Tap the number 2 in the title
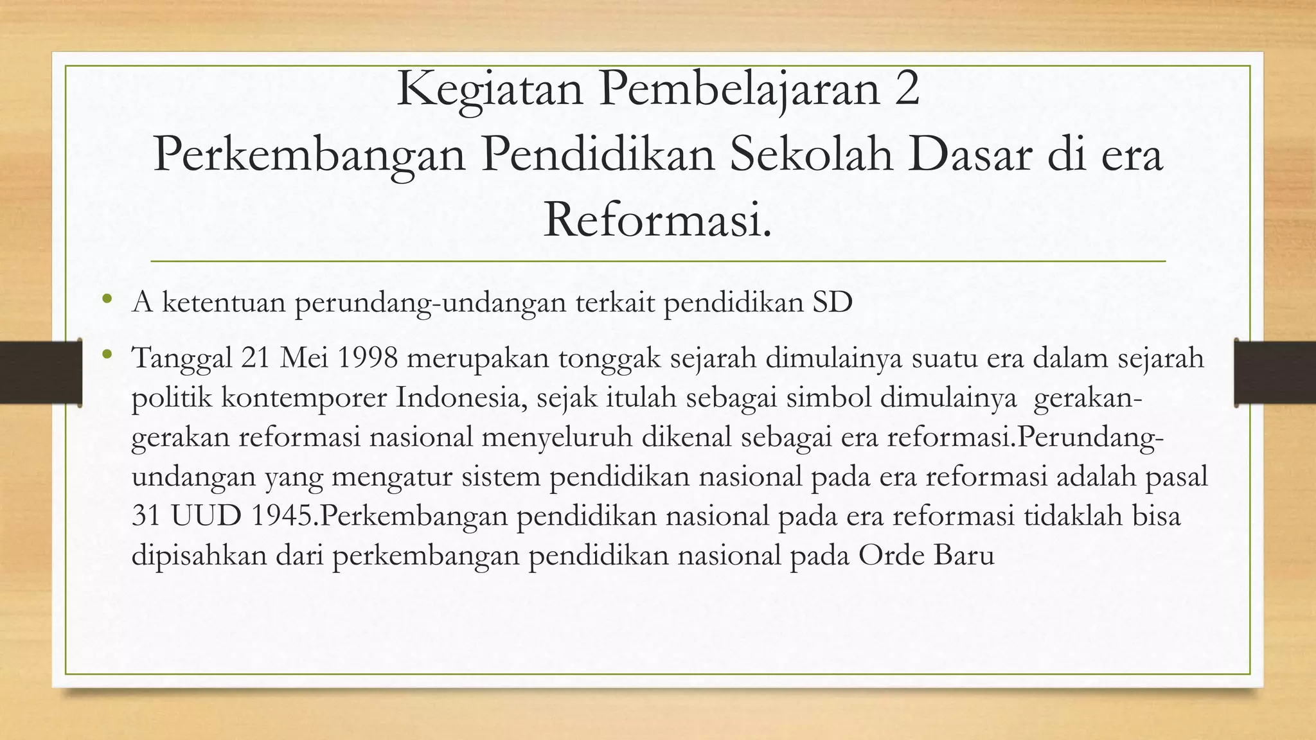coord(907,90)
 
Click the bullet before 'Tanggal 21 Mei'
coord(107,354)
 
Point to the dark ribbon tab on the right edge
coord(1276,373)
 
